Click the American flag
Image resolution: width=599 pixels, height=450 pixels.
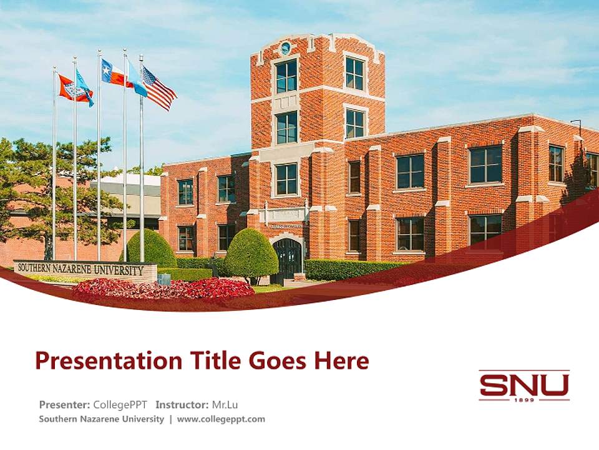click(x=158, y=89)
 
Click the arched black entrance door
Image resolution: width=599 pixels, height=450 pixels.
click(x=287, y=259)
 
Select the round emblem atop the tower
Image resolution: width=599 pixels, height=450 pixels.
click(x=285, y=47)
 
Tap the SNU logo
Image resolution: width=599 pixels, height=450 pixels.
click(x=524, y=386)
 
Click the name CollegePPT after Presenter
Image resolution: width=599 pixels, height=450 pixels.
click(x=120, y=404)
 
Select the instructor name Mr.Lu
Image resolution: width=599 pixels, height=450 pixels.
click(x=225, y=404)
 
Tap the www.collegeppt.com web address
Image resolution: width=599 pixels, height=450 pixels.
click(x=221, y=419)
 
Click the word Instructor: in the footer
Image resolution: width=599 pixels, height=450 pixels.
click(x=182, y=404)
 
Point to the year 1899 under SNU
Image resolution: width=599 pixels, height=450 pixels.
click(x=524, y=399)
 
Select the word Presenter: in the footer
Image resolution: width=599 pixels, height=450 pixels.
click(x=64, y=404)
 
